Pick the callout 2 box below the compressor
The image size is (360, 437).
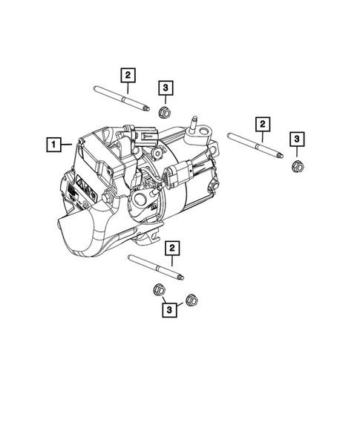[x=171, y=247]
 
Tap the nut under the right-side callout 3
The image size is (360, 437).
[x=296, y=165]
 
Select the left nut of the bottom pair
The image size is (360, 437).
[x=158, y=289]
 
